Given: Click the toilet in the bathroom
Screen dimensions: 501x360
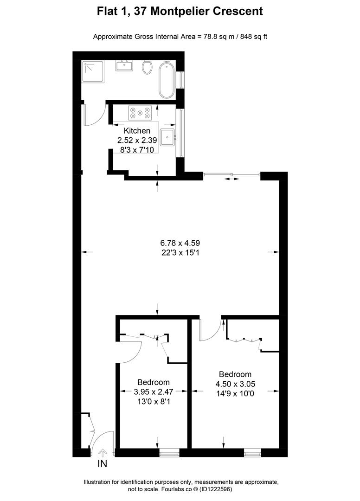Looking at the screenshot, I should (148, 68).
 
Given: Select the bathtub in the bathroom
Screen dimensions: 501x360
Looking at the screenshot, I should (167, 80).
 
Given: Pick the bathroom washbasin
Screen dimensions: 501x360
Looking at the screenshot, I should (124, 65).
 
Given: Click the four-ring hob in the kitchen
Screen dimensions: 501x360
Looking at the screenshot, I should (140, 112).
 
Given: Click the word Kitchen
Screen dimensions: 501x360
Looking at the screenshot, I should (137, 131).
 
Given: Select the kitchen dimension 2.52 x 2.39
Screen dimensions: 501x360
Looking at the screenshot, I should (137, 139).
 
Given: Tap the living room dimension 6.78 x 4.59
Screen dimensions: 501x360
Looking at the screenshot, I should (180, 243).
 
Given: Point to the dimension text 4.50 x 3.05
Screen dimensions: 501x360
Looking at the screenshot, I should (235, 384).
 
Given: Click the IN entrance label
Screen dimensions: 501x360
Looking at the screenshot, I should (103, 463).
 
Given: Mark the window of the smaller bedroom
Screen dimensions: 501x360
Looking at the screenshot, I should (169, 450).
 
